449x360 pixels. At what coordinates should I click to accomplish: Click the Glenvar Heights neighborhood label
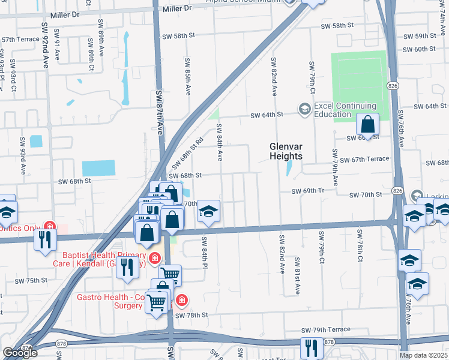(285, 151)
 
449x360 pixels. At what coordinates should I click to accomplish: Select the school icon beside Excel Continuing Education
(304, 109)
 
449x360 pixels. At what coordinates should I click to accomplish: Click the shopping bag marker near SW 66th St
(368, 125)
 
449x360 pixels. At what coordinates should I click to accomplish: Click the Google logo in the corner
(20, 353)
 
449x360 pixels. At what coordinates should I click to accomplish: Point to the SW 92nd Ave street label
(45, 46)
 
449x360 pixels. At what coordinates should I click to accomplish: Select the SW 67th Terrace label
(364, 159)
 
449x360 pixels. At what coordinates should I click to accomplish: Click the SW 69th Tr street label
(308, 191)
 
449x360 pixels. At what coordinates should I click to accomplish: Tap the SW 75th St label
(31, 281)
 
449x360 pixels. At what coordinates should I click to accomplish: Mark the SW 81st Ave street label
(297, 276)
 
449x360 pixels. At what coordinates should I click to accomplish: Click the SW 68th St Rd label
(187, 154)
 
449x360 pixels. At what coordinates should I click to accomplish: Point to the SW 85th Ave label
(188, 77)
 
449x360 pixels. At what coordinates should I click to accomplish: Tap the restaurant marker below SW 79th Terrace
(311, 348)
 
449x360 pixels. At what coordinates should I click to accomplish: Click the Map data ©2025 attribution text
(424, 355)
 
